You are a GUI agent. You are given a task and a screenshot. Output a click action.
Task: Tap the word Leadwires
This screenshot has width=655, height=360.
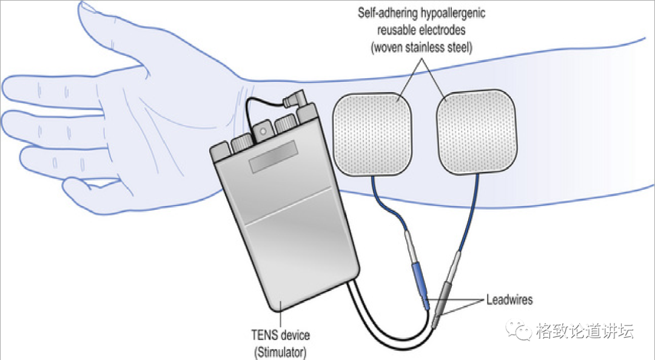509,299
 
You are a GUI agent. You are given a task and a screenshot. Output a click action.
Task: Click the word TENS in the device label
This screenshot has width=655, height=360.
262,335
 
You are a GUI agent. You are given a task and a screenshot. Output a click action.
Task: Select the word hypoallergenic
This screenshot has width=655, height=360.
451,13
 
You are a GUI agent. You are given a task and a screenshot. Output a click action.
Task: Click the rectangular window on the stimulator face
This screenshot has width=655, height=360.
274,156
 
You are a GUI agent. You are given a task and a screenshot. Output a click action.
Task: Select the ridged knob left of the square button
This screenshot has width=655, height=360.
240,142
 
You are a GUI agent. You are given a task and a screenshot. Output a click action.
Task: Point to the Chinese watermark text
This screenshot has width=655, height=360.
585,331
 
